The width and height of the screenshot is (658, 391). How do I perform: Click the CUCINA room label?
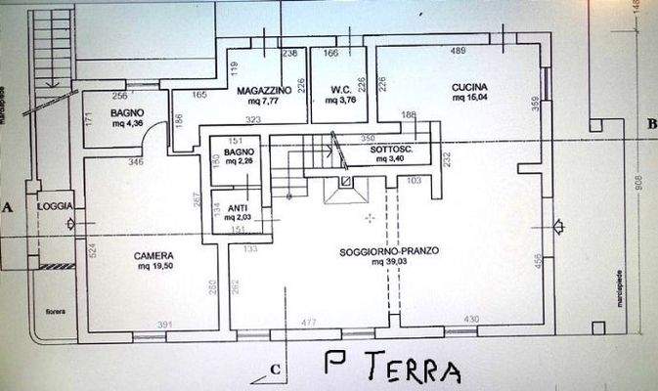[469, 87]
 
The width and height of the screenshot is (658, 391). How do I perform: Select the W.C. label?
[340, 90]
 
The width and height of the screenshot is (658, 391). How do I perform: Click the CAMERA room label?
[154, 256]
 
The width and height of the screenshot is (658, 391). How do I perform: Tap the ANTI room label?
[237, 208]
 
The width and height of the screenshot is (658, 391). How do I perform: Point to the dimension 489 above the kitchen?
[457, 51]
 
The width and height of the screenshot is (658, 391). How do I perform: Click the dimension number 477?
[309, 322]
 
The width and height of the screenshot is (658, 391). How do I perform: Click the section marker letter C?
[277, 369]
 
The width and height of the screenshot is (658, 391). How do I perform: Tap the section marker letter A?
[8, 208]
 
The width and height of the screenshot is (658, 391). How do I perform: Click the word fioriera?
[55, 312]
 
